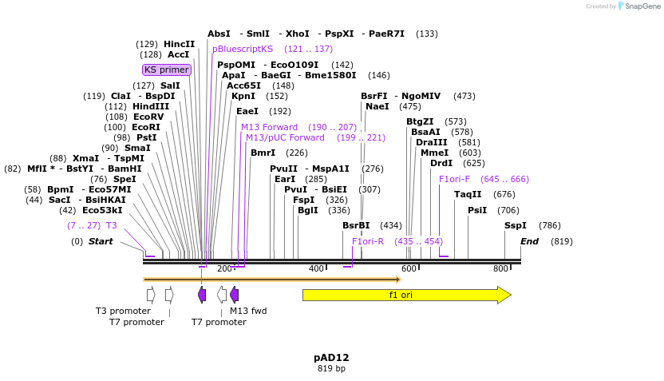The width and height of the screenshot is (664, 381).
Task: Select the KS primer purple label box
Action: tap(167, 69)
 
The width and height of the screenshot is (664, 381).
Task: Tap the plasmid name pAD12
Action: tap(331, 357)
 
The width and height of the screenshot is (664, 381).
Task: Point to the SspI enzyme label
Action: tap(516, 226)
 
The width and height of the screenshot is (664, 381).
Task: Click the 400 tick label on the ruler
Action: tap(316, 268)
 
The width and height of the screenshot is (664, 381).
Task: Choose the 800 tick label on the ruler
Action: tap(500, 268)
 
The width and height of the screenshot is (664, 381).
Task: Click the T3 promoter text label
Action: tap(123, 311)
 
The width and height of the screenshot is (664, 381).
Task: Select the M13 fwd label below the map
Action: tap(248, 311)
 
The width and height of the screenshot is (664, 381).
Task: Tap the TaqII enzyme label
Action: tap(468, 194)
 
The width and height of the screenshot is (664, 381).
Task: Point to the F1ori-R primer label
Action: tap(368, 241)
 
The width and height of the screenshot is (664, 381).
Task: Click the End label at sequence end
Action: tap(530, 241)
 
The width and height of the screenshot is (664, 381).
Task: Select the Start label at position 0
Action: tap(101, 241)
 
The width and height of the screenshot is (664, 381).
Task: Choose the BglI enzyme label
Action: tap(307, 210)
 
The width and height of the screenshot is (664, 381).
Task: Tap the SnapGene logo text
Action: tap(643, 6)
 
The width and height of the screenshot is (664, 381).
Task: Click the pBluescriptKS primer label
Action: tap(243, 49)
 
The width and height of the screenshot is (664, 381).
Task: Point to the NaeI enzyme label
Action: tap(377, 106)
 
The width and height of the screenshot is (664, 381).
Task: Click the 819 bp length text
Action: tap(331, 369)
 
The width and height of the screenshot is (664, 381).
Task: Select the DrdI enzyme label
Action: tap(441, 163)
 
